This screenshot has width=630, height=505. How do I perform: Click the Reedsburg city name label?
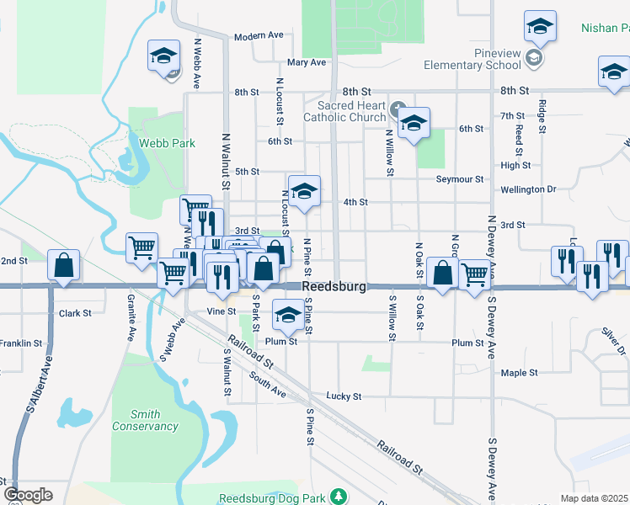coord(334,287)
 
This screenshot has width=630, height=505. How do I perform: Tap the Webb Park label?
coord(168,143)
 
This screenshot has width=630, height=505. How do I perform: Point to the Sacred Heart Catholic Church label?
coord(352,111)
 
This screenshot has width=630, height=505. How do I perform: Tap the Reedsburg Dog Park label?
coord(271,497)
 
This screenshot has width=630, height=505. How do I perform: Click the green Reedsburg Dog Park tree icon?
coord(338,497)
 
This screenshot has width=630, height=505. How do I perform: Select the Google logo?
coord(28,495)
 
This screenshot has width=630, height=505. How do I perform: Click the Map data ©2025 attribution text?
coord(595,498)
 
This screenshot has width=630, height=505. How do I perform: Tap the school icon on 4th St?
coord(304,191)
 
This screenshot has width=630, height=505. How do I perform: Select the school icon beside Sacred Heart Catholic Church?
coord(414,124)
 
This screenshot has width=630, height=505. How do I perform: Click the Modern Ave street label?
coord(259,36)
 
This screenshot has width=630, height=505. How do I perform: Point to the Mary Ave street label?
coord(306,62)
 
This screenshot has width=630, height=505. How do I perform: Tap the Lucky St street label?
coord(344,396)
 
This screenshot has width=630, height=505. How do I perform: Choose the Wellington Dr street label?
coord(528,189)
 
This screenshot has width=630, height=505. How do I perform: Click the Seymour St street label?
coord(460,179)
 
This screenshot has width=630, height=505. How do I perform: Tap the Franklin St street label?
coord(21,343)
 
